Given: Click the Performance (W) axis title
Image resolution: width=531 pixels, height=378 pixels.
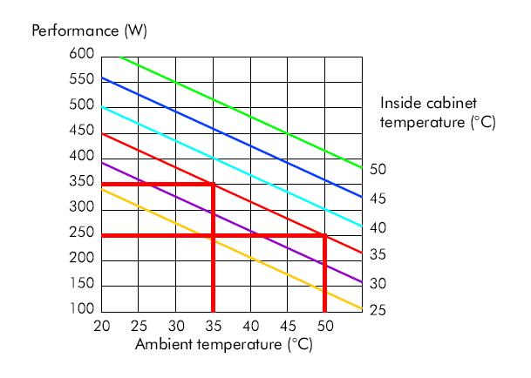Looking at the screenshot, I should [x=89, y=31].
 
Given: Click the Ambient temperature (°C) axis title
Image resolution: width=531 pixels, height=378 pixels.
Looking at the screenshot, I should [x=223, y=344].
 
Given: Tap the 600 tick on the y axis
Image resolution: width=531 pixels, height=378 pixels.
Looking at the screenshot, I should [x=81, y=54].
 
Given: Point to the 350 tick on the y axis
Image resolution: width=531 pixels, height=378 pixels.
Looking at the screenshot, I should [x=81, y=183].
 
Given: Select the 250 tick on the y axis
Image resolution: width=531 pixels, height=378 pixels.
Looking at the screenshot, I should [x=81, y=234].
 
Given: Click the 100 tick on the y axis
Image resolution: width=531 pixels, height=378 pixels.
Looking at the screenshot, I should [x=81, y=311].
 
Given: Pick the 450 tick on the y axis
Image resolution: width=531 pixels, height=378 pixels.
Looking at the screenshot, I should [x=81, y=132].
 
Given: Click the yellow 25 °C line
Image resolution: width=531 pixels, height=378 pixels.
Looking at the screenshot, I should [x=288, y=273].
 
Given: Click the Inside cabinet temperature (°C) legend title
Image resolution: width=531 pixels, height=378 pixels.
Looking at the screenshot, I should [x=438, y=113].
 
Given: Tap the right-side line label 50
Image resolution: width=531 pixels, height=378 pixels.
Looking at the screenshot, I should [x=378, y=170].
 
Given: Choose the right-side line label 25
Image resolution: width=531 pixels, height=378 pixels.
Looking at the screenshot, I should [x=378, y=311].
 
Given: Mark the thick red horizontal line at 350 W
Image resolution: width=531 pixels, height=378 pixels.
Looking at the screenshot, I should [x=157, y=184].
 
